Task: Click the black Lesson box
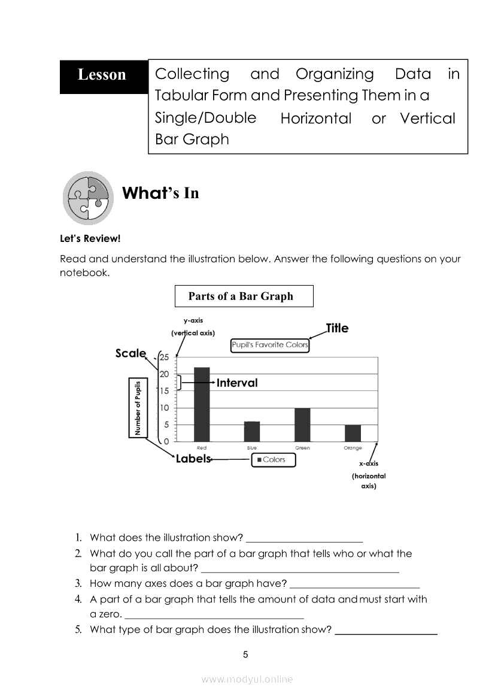pyautogui.click(x=103, y=75)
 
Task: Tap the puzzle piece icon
pyautogui.click(x=89, y=198)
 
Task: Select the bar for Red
pyautogui.click(x=202, y=404)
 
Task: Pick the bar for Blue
pyautogui.click(x=252, y=431)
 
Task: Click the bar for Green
pyautogui.click(x=302, y=425)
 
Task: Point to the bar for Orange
pyautogui.click(x=353, y=433)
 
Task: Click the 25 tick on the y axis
pyautogui.click(x=165, y=357)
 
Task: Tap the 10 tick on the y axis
pyautogui.click(x=165, y=408)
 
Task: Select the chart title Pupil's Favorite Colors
pyautogui.click(x=270, y=345)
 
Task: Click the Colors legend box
pyautogui.click(x=273, y=460)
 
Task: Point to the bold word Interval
pyautogui.click(x=237, y=383)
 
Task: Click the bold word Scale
pyautogui.click(x=130, y=353)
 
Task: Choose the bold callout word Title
pyautogui.click(x=337, y=328)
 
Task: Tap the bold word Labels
pyautogui.click(x=193, y=459)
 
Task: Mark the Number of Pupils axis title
pyautogui.click(x=137, y=407)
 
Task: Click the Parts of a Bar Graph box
pyautogui.click(x=244, y=296)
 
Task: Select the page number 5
pyautogui.click(x=245, y=654)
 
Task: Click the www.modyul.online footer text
pyautogui.click(x=247, y=679)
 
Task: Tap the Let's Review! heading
pyautogui.click(x=90, y=239)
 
